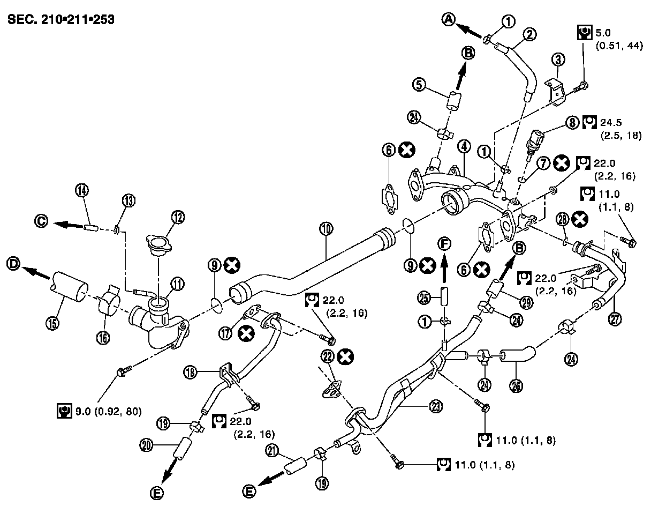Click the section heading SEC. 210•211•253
coord(60,20)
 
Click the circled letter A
coord(449,19)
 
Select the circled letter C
coord(41,220)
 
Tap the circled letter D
coord(14,264)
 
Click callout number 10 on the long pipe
coord(327,229)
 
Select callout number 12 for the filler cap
coord(178,217)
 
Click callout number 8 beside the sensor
coord(572,123)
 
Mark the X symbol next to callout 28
coord(578,219)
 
